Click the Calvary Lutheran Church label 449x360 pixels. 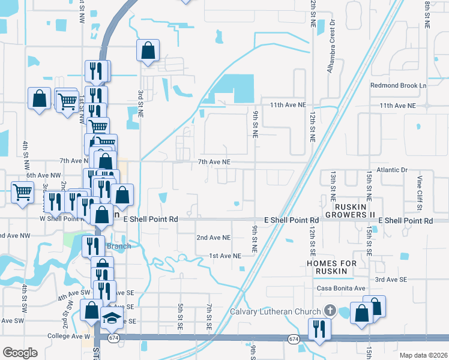[x=275, y=311]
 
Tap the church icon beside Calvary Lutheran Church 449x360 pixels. [x=329, y=311]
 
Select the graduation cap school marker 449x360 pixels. [x=112, y=319]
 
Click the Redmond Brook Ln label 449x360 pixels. [x=398, y=86]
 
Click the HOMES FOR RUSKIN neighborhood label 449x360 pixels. [x=331, y=268]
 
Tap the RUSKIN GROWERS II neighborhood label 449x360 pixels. [x=350, y=210]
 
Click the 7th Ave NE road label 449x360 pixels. [x=214, y=162]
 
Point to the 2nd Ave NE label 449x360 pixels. [x=214, y=238]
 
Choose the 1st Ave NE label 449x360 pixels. [x=225, y=256]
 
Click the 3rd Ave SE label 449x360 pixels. [x=391, y=280]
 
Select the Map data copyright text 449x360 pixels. [x=423, y=355]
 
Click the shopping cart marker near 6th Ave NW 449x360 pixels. [x=23, y=193]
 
